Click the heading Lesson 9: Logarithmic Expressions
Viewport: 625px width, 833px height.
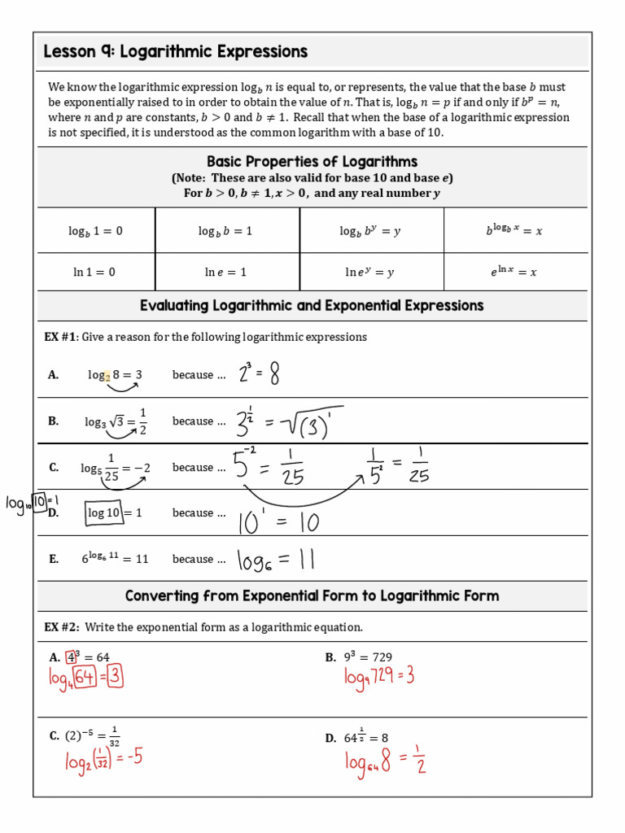tap(175, 52)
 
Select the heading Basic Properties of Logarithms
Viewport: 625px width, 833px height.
tap(312, 161)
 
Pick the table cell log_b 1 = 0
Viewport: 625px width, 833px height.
tap(95, 231)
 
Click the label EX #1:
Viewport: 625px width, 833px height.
tap(62, 337)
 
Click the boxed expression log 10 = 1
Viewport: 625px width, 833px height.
tap(115, 512)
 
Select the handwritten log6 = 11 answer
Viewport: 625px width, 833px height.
tap(275, 560)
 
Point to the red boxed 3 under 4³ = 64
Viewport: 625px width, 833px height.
tap(115, 676)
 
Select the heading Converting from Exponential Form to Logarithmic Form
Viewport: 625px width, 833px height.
tap(312, 596)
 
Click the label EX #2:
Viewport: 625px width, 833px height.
tap(62, 627)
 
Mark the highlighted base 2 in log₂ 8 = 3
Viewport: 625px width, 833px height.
tap(107, 377)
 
